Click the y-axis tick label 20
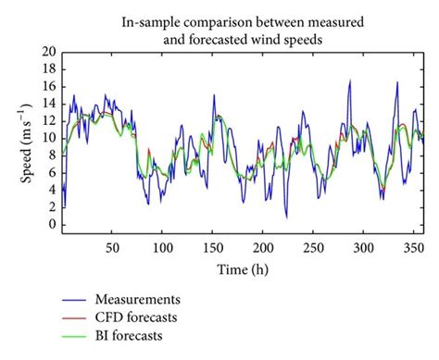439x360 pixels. tap(45, 53)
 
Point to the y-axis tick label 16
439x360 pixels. tap(45, 87)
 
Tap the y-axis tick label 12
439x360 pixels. tap(45, 121)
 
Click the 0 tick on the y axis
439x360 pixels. tap(48, 225)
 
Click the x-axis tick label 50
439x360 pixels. tap(113, 248)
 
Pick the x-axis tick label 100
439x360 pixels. tap(163, 248)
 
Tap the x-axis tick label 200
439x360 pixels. tap(263, 248)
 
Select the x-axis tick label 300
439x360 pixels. tap(364, 248)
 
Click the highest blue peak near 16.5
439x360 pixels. tap(349, 81)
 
